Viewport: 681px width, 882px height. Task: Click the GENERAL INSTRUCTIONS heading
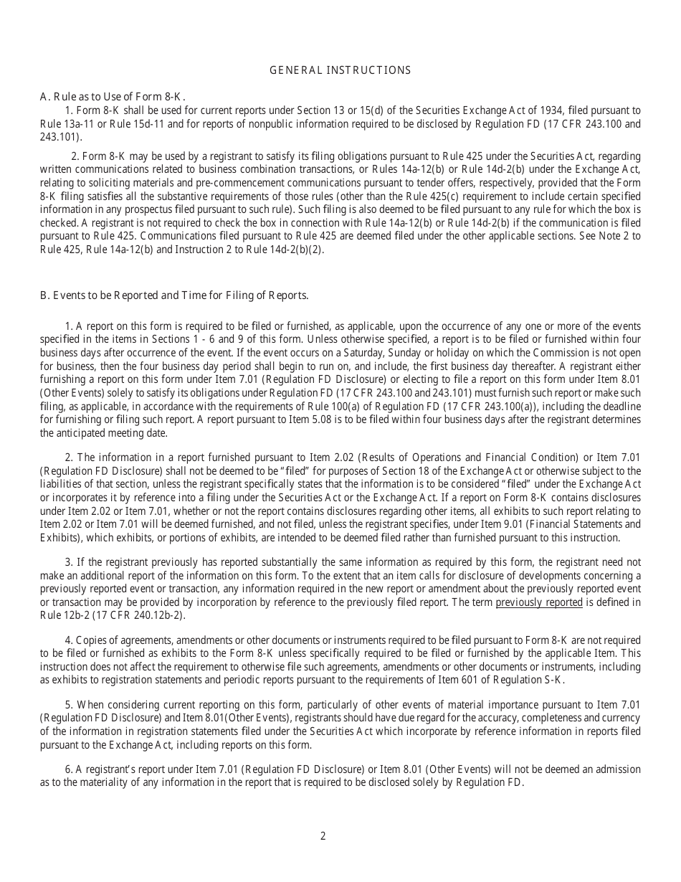click(340, 70)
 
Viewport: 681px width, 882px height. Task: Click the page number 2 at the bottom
click(323, 835)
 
